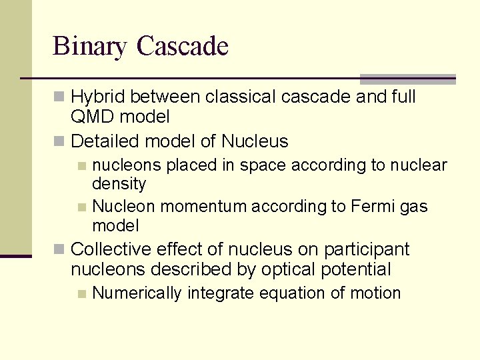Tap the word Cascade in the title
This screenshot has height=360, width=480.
pos(183,46)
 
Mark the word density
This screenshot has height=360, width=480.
pos(119,183)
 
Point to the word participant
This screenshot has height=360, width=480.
pos(366,249)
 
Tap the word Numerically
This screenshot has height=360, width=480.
pos(137,293)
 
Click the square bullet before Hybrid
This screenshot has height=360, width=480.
pos(59,97)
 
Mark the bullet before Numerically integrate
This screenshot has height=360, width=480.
pos(81,293)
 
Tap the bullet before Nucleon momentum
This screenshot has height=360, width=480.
pos(81,207)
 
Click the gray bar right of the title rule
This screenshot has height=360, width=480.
pos(407,79)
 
